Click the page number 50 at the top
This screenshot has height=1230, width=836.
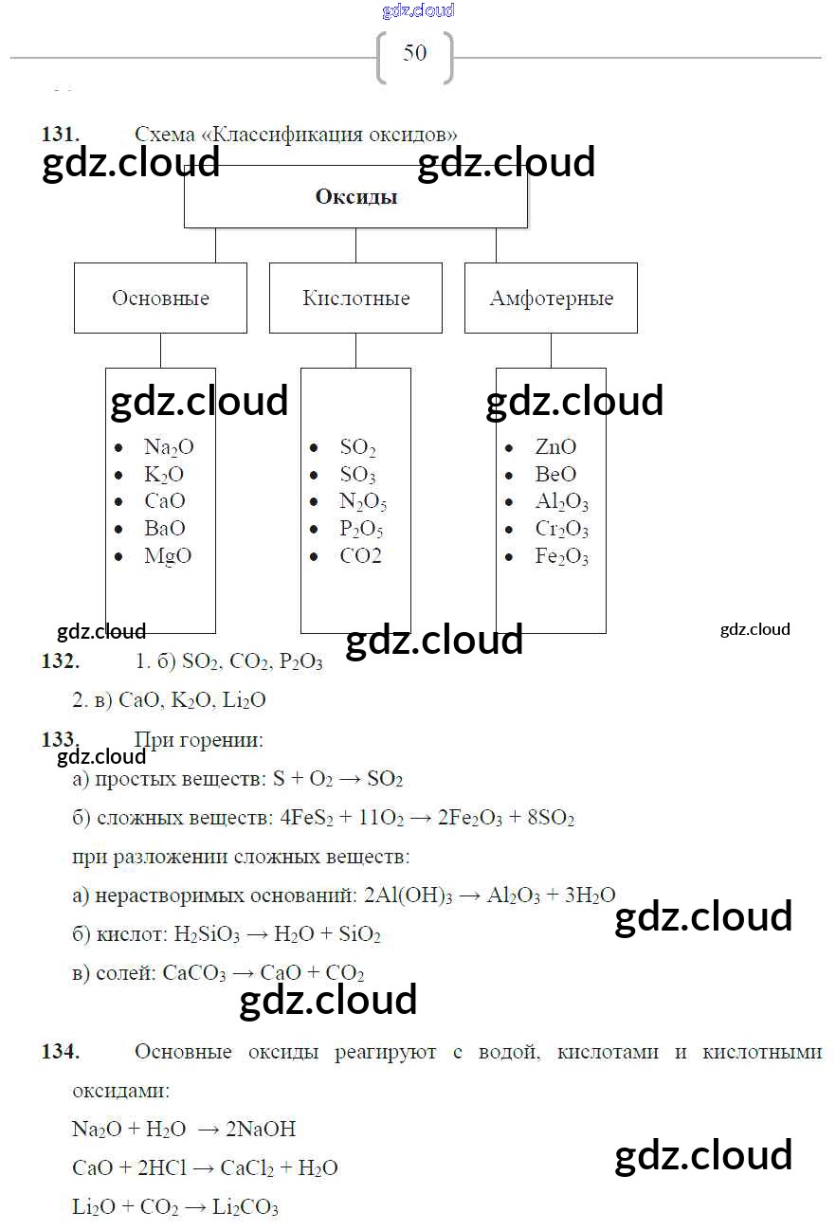pos(415,53)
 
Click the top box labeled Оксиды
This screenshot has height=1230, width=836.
pos(355,197)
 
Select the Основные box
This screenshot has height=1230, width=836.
pos(160,298)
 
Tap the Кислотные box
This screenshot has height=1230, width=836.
pos(355,298)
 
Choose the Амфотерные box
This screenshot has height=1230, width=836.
pos(551,298)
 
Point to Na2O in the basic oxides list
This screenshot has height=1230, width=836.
pos(169,447)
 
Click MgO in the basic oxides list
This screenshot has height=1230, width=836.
pos(168,556)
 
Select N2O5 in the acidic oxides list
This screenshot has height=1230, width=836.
pos(363,502)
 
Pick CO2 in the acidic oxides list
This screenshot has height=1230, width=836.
pos(361,556)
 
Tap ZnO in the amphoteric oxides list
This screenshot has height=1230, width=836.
pos(555,447)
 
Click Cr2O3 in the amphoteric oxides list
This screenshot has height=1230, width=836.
pos(561,530)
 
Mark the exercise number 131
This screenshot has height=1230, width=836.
pos(60,135)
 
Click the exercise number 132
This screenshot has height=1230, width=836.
pos(60,662)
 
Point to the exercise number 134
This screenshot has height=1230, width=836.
pos(60,1051)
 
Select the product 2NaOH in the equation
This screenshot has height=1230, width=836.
pos(263,1129)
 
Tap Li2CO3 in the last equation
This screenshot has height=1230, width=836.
pos(245,1208)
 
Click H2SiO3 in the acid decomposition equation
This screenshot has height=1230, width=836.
pos(206,935)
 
